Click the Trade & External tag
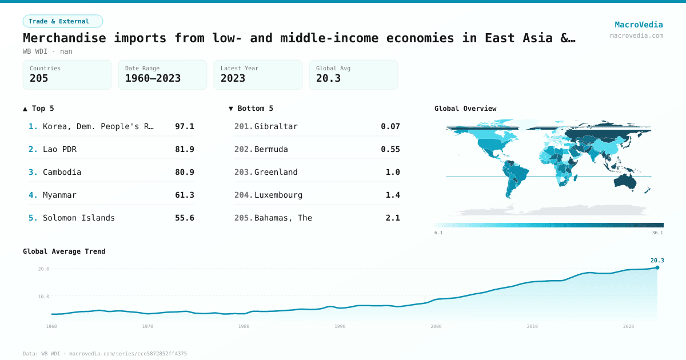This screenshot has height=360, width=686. click(62, 21)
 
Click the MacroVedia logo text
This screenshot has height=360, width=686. click(639, 25)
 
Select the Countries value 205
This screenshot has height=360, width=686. click(39, 78)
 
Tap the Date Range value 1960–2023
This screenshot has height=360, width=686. click(153, 78)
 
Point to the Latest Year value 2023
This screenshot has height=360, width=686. click(233, 78)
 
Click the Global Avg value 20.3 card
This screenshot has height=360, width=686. click(353, 75)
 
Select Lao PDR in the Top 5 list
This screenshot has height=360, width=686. click(59, 149)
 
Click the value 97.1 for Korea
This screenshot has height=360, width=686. click(184, 126)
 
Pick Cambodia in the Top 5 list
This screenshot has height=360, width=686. click(62, 172)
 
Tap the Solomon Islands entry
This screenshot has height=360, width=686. click(79, 218)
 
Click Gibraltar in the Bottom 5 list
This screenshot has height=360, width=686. click(276, 126)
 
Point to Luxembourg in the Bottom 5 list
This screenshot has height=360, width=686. click(278, 195)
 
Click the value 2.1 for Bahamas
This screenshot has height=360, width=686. click(393, 218)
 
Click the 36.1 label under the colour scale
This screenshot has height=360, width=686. click(657, 233)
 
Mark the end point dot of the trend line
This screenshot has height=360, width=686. click(657, 267)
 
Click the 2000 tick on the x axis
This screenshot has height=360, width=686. click(436, 326)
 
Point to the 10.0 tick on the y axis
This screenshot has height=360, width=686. click(43, 297)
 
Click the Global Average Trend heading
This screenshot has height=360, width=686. click(64, 251)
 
